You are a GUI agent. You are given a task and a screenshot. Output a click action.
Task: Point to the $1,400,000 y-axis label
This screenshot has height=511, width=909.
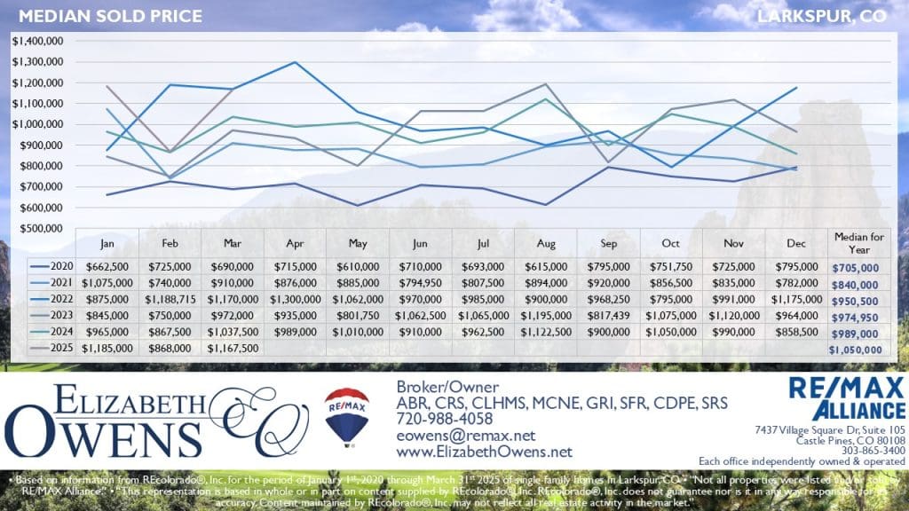tap(37, 41)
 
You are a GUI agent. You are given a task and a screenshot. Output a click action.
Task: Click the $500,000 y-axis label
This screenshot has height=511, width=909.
tap(40, 227)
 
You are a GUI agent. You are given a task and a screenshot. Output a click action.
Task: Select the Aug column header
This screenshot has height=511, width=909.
tap(545, 241)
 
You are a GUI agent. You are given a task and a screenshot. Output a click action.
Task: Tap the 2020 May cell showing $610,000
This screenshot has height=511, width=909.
tap(358, 266)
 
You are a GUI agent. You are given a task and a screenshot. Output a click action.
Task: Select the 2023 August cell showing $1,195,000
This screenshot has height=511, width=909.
tap(545, 316)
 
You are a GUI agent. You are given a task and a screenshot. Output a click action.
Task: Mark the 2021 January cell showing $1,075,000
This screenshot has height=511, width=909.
tap(108, 283)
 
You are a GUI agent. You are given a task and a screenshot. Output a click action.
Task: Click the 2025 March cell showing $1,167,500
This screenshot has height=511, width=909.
tap(233, 349)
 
